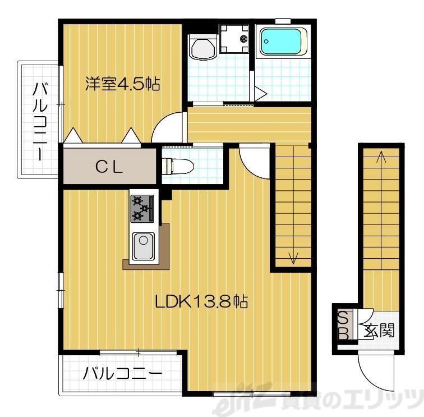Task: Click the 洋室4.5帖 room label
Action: click(x=123, y=84)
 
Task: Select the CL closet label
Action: click(x=109, y=166)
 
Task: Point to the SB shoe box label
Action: click(x=344, y=326)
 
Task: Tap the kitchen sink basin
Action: click(x=144, y=246)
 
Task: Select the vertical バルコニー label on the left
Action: click(x=40, y=121)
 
